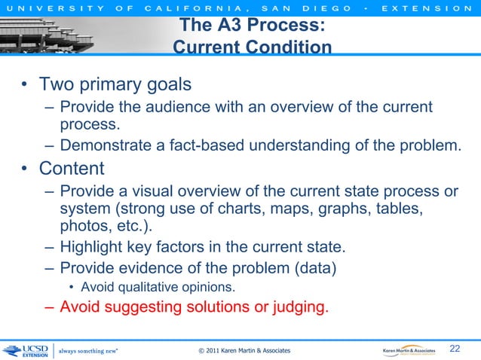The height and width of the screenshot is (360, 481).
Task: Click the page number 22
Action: coord(455,348)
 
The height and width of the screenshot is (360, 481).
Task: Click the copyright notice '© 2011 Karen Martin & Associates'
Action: coord(244,351)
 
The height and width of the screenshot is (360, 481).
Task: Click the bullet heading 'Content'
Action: coord(72,168)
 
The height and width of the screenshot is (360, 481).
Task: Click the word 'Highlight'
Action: coord(94,248)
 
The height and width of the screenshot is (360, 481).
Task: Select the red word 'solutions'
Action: coord(234,307)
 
